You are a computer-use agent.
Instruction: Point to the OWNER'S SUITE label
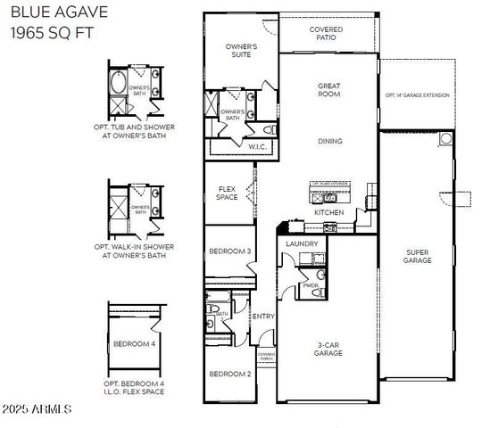(x=241, y=50)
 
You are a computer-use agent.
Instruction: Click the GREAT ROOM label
(x=329, y=90)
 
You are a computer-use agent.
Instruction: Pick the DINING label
(x=330, y=141)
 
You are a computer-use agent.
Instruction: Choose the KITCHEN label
(x=328, y=213)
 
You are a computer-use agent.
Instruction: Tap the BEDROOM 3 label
(x=229, y=251)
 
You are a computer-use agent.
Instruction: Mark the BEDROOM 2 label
(x=229, y=374)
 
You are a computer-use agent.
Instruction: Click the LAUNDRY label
(x=302, y=243)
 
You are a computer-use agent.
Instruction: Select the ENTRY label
(x=263, y=317)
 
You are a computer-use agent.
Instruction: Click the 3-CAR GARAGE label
(x=328, y=349)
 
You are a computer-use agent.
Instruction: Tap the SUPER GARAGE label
(x=418, y=256)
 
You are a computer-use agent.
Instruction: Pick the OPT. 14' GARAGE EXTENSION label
(x=417, y=95)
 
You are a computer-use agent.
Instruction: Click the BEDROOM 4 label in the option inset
(x=135, y=344)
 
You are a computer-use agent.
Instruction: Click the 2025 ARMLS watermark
(x=37, y=409)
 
